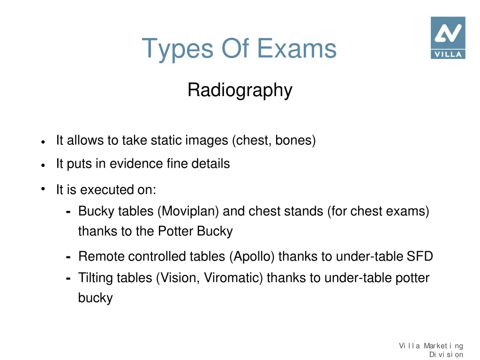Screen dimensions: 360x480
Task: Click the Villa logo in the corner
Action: coord(448,37)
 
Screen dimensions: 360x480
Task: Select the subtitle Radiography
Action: coord(240,90)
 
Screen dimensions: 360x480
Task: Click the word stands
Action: coord(304,211)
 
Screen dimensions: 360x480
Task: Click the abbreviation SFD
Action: coord(420,256)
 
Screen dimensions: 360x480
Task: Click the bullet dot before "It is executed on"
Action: coord(42,189)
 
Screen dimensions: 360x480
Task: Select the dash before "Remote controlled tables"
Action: coord(68,257)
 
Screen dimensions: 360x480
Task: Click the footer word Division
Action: coord(446,354)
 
